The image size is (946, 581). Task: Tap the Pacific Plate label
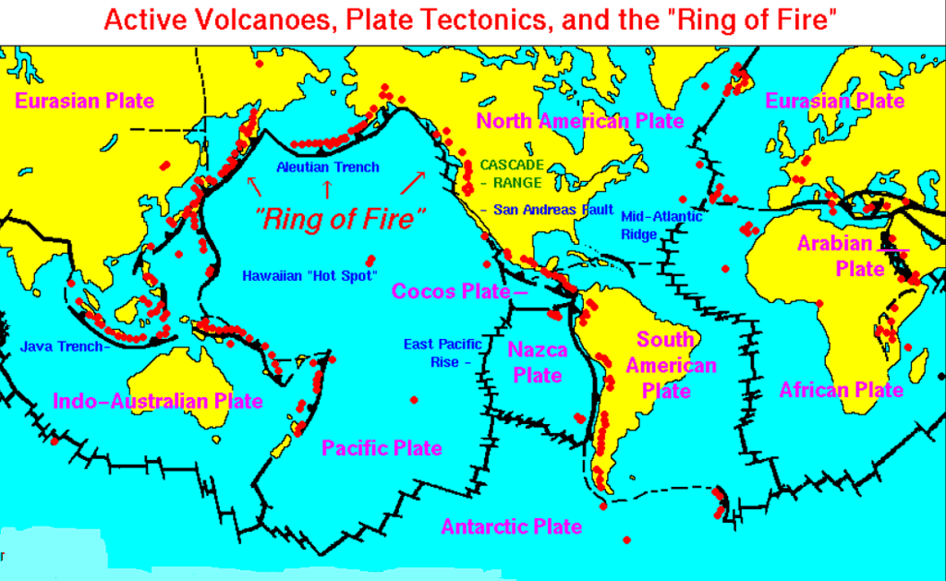[382, 448]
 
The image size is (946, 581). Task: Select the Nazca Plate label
[537, 362]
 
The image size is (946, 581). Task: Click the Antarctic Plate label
[511, 527]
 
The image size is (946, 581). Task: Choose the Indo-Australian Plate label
[158, 401]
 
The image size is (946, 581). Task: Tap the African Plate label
[841, 390]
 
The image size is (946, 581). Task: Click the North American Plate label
[579, 121]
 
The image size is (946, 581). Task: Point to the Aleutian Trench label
[328, 167]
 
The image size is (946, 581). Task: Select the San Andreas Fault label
[553, 210]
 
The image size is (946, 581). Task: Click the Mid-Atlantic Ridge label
[661, 225]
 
